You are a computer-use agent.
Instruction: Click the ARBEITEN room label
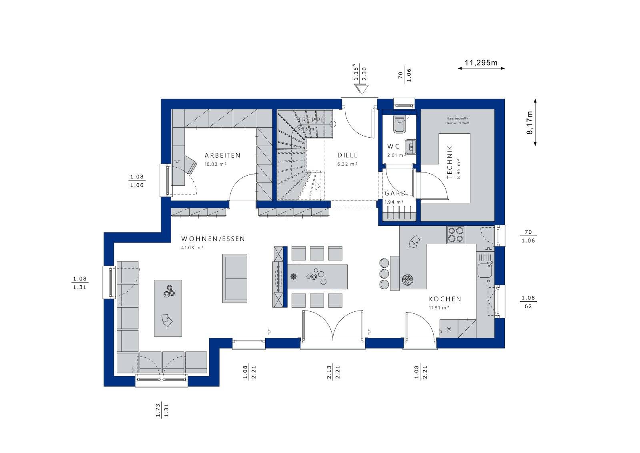tap(222, 155)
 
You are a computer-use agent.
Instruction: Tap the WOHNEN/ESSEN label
tap(213, 239)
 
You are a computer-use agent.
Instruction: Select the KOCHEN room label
tap(445, 299)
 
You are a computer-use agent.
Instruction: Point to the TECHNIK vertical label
tap(450, 162)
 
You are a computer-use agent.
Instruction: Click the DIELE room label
tap(347, 155)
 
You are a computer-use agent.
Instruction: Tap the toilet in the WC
tap(399, 124)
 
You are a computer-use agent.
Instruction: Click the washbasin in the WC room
tap(410, 146)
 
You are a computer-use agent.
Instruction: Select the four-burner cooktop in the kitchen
tap(456, 235)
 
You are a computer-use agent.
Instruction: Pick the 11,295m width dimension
tap(481, 63)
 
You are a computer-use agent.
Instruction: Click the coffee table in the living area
tap(168, 308)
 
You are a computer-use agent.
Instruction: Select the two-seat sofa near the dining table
tap(235, 278)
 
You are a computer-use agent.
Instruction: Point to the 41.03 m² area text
tap(192, 248)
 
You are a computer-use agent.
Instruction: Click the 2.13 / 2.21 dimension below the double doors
tap(333, 372)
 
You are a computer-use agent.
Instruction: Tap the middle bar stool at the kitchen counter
tap(384, 274)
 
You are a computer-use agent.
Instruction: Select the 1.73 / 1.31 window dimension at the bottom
tap(162, 410)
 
